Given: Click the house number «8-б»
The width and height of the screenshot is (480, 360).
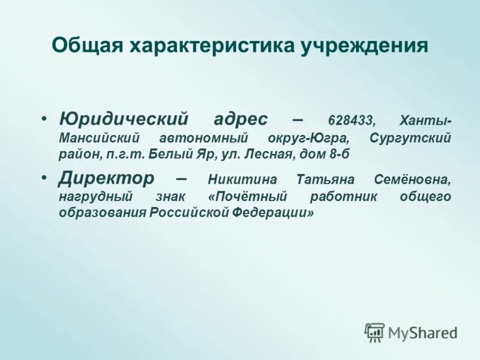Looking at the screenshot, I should click(x=338, y=154).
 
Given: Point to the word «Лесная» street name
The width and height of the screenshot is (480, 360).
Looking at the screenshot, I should click(x=269, y=154).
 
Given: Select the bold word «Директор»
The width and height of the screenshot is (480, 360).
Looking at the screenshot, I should click(x=106, y=178).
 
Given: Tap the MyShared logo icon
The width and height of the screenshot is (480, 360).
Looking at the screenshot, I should click(x=374, y=332).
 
